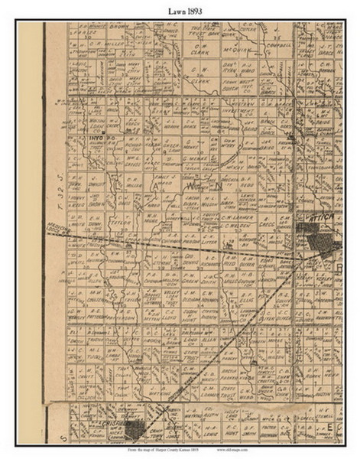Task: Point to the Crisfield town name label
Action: pyautogui.click(x=109, y=422)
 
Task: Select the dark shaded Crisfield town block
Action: pyautogui.click(x=134, y=429)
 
